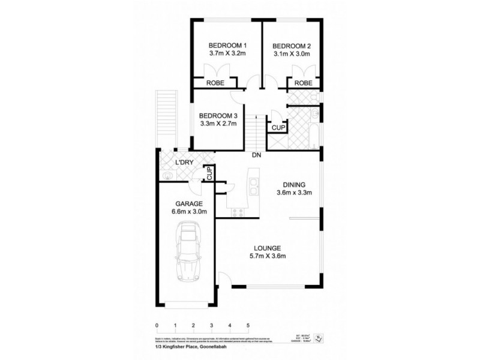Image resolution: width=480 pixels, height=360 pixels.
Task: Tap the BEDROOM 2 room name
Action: click(292, 46)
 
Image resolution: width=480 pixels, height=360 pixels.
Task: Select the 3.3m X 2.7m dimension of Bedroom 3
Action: click(218, 124)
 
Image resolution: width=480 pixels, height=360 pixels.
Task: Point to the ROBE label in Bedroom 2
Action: click(303, 83)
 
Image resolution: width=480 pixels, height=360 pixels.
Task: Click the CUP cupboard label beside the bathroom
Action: click(278, 128)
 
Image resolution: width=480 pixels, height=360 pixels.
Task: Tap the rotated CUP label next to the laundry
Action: click(210, 173)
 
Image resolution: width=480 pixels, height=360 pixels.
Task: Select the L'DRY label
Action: click(183, 163)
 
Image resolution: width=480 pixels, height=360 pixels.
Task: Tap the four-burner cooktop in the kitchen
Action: click(236, 211)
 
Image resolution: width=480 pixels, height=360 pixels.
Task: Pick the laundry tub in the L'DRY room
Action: click(167, 175)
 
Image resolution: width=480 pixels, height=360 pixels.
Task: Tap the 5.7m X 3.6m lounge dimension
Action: click(268, 257)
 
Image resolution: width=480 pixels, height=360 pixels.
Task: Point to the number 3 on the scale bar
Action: click(211, 325)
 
